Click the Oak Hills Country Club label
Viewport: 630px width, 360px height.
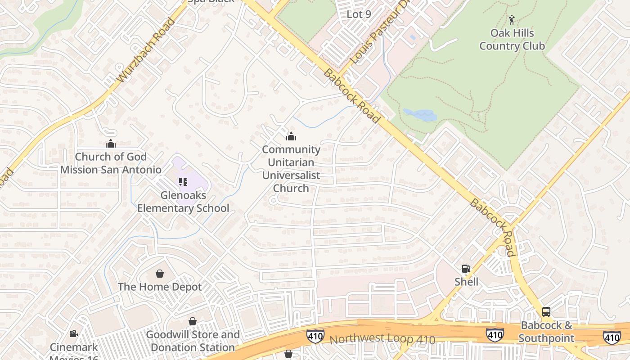[512, 40]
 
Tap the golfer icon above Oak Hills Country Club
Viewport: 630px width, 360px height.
[511, 20]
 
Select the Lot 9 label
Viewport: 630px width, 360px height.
[359, 14]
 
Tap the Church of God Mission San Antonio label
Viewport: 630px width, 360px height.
[111, 163]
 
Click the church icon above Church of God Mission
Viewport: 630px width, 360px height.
[111, 144]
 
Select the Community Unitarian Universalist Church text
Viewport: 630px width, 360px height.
[291, 169]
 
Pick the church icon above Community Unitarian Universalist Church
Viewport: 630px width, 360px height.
[291, 136]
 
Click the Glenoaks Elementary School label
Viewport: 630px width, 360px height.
[183, 202]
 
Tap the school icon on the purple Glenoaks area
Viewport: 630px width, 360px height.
[183, 182]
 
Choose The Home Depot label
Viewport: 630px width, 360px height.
[160, 287]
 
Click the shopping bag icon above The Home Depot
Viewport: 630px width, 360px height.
[160, 274]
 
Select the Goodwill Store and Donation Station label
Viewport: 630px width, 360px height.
[193, 341]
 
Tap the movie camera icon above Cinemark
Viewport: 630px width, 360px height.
[73, 334]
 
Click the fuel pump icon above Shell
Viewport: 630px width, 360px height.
[466, 269]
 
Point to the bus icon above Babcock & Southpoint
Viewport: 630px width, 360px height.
[546, 311]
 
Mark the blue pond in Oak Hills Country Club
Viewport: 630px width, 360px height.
[420, 115]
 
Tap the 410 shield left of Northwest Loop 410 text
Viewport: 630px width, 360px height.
[315, 336]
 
